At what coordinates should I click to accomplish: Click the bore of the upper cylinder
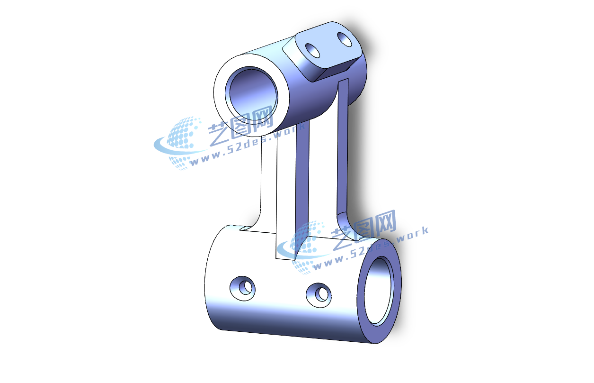tap(251, 95)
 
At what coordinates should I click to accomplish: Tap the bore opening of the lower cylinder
tap(379, 291)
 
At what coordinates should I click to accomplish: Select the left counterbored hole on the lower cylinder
tap(242, 289)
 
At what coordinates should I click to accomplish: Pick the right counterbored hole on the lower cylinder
tap(319, 295)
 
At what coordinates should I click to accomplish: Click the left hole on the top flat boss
tap(313, 50)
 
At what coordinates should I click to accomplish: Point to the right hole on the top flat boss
tap(344, 39)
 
